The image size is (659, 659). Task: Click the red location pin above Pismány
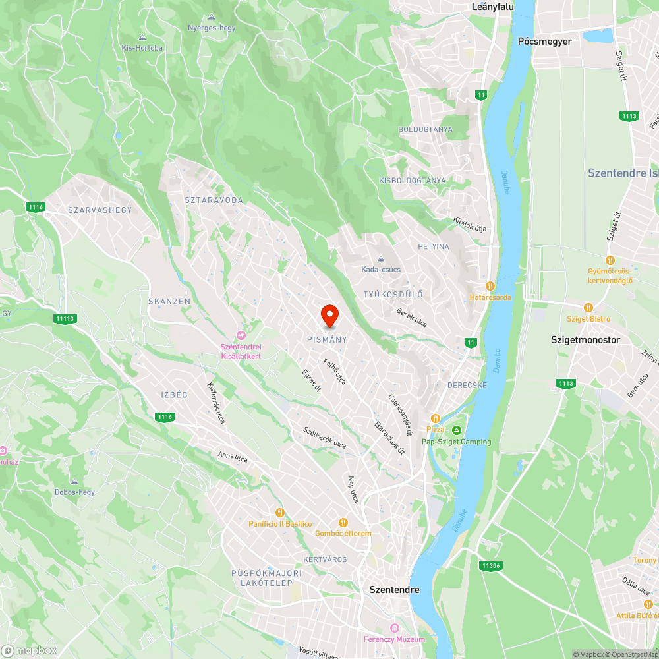coord(329,316)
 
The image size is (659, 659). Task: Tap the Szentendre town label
coord(394,590)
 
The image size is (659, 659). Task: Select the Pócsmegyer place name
coord(545,41)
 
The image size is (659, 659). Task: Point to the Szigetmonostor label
coord(586,340)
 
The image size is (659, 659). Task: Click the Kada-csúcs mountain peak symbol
coord(380,259)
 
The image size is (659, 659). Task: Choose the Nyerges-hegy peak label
coord(212,28)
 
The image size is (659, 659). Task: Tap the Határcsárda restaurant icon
coord(490,286)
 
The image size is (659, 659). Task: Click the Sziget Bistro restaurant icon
coord(588,308)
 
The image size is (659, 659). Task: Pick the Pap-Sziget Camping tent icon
coord(456,430)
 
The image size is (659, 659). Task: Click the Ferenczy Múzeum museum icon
coord(395,628)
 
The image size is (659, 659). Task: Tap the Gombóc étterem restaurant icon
coord(343,523)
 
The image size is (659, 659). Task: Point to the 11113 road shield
coord(65,319)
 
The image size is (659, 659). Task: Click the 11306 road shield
coord(491,565)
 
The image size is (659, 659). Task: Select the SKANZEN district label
coord(169,301)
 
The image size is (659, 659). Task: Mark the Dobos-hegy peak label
coord(74,492)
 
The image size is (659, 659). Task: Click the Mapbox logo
coord(29,650)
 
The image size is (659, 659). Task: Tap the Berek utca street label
coord(411,318)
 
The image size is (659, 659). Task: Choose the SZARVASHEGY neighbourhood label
coord(100,210)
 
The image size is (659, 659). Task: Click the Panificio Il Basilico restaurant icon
coord(280,513)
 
